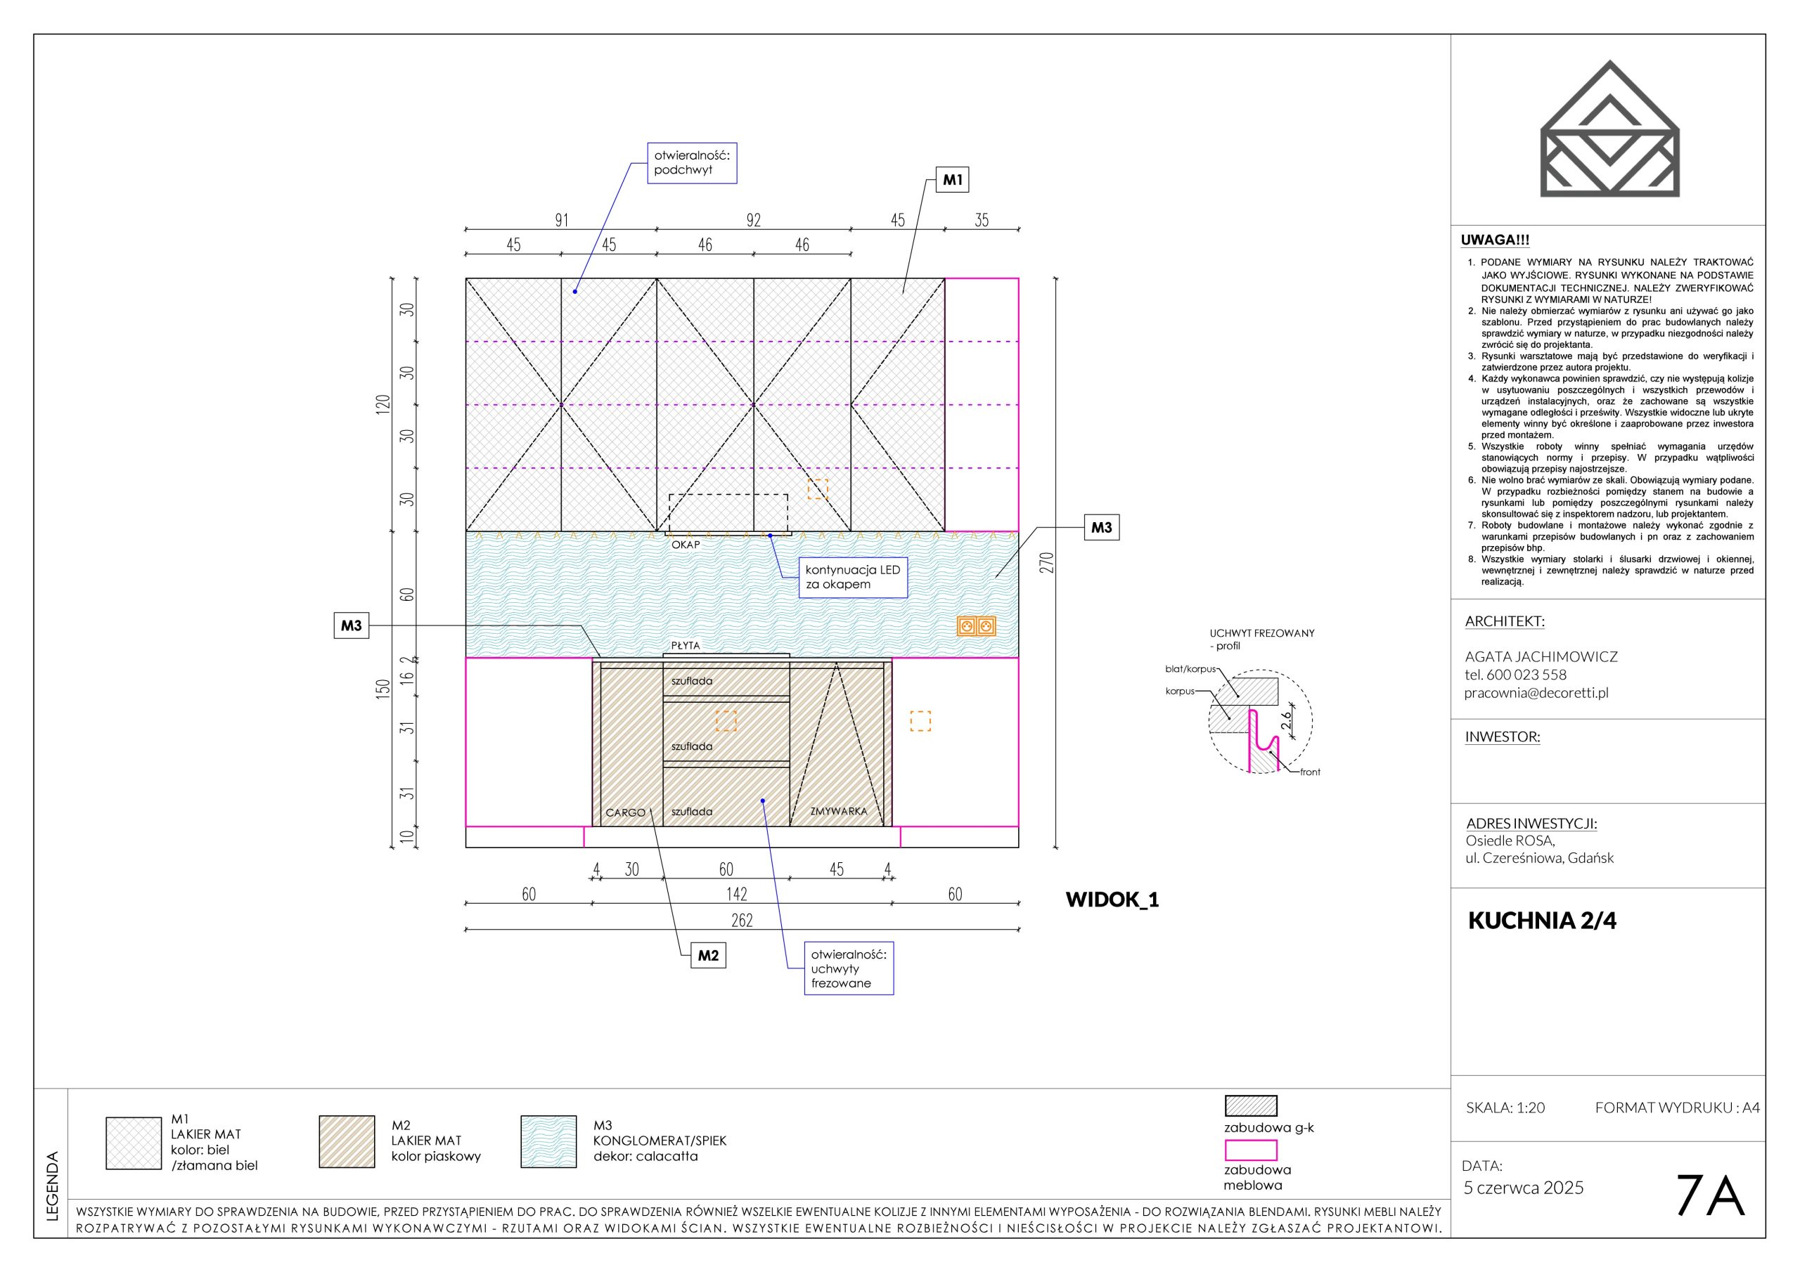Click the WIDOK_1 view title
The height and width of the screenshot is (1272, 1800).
(1112, 900)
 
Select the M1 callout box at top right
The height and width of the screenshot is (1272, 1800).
(953, 181)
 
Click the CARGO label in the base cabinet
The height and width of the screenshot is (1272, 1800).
(626, 812)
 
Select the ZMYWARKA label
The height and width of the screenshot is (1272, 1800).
(839, 811)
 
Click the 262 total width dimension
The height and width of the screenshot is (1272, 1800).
(742, 920)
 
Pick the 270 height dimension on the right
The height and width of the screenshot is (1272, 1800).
(1048, 562)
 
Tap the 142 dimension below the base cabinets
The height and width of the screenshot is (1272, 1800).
(736, 894)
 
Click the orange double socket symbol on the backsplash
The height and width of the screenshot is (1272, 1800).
(976, 625)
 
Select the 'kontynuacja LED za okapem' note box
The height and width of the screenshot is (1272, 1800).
(853, 578)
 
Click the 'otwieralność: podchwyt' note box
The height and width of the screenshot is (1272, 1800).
(691, 163)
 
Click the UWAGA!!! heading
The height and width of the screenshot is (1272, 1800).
(1495, 240)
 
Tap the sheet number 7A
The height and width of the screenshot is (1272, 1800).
(1709, 1196)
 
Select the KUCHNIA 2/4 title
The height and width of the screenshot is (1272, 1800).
(1542, 921)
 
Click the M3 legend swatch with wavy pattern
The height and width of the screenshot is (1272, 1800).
(548, 1142)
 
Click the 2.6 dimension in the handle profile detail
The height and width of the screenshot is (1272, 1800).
(1287, 720)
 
